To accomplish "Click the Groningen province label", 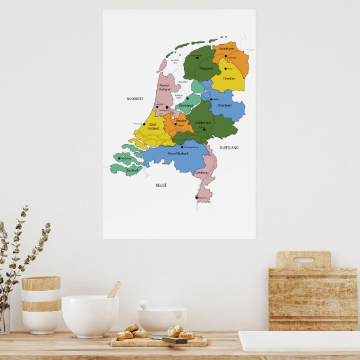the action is tap(227, 49).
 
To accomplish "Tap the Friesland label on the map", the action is tap(206, 69).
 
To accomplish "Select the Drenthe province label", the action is tap(229, 78).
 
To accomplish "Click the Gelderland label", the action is tap(203, 123).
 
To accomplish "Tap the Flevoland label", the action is tap(185, 105).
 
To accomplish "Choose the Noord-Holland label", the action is tap(164, 86).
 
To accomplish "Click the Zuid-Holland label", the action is tap(153, 126).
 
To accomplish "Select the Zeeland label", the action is tap(123, 170).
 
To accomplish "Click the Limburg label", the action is tap(201, 173).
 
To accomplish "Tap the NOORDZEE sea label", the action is tap(135, 98).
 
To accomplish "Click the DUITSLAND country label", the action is tap(229, 147).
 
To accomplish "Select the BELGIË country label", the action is tap(161, 185).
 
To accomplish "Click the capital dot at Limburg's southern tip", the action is tap(197, 198).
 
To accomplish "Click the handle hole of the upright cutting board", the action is tap(304, 259).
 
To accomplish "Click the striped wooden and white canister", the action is tap(41, 304).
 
